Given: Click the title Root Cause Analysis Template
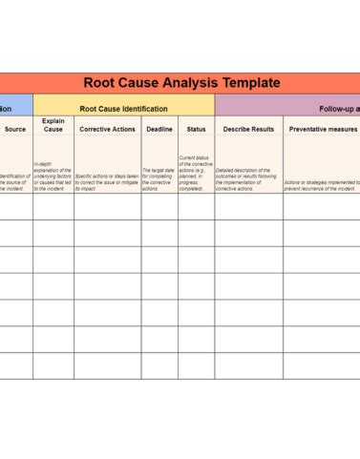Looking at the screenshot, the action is (181, 83).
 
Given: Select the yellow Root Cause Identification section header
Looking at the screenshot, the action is (123, 109).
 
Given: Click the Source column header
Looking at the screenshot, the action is (15, 129).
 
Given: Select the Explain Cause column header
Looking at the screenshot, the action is (53, 125).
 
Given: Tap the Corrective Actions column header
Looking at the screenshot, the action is (107, 129).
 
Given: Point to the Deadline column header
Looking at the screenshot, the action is (159, 129).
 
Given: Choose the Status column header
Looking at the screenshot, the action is (196, 129).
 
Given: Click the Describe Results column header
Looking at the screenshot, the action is (248, 129).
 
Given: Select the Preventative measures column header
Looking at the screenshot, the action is (322, 129).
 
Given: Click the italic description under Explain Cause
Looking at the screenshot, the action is (53, 176).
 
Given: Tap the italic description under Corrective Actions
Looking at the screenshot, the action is (107, 178).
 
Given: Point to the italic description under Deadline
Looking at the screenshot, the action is (159, 178).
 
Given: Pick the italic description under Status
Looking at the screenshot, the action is (196, 172).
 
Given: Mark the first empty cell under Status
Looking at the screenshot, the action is (196, 206).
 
